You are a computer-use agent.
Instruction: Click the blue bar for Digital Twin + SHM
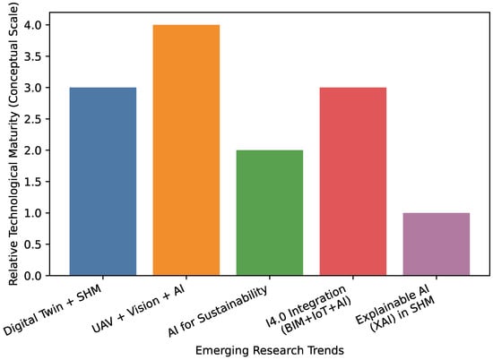pyautogui.click(x=103, y=182)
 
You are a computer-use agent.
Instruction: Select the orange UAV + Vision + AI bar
pyautogui.click(x=186, y=150)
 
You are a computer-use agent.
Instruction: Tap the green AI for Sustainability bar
pyautogui.click(x=270, y=213)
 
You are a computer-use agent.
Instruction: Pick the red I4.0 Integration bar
pyautogui.click(x=353, y=182)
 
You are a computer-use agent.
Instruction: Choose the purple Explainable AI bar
pyautogui.click(x=437, y=244)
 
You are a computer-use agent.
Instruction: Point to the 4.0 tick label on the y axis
pyautogui.click(x=32, y=25)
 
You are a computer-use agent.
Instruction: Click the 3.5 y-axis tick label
pyautogui.click(x=32, y=56)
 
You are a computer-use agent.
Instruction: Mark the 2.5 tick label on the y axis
pyautogui.click(x=32, y=119)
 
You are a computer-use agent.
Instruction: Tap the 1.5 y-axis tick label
pyautogui.click(x=32, y=182)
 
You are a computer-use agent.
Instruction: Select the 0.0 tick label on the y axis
pyautogui.click(x=32, y=276)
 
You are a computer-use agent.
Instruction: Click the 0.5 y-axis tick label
pyautogui.click(x=32, y=244)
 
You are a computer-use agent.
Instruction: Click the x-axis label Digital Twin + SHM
pyautogui.click(x=53, y=310)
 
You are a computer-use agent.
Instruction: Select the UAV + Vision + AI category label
pyautogui.click(x=138, y=309)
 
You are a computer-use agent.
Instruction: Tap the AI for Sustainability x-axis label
pyautogui.click(x=218, y=311)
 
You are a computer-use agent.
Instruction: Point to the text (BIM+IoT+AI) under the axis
pyautogui.click(x=316, y=315)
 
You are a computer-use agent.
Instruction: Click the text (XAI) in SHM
pyautogui.click(x=403, y=313)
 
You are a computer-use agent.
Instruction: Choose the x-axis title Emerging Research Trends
pyautogui.click(x=270, y=350)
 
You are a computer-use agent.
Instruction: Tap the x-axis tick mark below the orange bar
pyautogui.click(x=186, y=278)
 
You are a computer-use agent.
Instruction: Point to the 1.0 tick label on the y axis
pyautogui.click(x=32, y=213)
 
